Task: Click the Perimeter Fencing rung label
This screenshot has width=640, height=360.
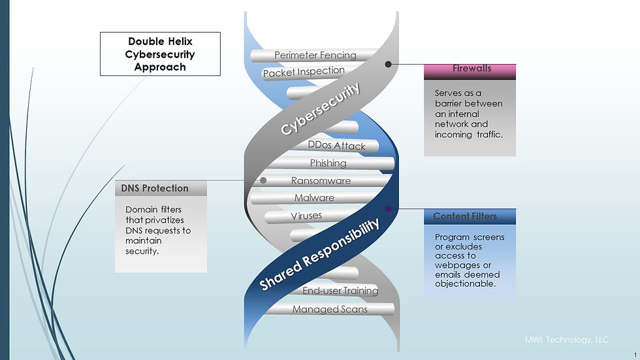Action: pyautogui.click(x=315, y=55)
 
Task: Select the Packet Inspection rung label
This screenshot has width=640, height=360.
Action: pyautogui.click(x=304, y=72)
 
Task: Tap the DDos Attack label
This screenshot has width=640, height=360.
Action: pyautogui.click(x=337, y=146)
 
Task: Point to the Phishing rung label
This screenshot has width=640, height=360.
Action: pyautogui.click(x=328, y=163)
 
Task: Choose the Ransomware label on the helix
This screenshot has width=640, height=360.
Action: pyautogui.click(x=321, y=180)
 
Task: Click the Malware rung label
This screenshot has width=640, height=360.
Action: pyautogui.click(x=314, y=198)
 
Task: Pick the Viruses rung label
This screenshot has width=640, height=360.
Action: pyautogui.click(x=306, y=216)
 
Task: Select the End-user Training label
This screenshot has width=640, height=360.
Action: pyautogui.click(x=340, y=291)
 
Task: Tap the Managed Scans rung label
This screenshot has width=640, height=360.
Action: pyautogui.click(x=330, y=310)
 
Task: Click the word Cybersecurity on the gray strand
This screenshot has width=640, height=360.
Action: pyautogui.click(x=321, y=108)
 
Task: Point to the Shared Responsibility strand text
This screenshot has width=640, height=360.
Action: pyautogui.click(x=319, y=255)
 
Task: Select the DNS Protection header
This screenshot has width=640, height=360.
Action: pyautogui.click(x=161, y=188)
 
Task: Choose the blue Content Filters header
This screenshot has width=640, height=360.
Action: pyautogui.click(x=470, y=216)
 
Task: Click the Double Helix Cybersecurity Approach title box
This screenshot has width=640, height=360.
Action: pyautogui.click(x=160, y=54)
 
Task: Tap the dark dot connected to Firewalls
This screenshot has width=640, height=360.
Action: pyautogui.click(x=388, y=64)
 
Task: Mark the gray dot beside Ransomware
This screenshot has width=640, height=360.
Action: pyautogui.click(x=263, y=180)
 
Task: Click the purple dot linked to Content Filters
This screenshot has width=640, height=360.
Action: pyautogui.click(x=388, y=209)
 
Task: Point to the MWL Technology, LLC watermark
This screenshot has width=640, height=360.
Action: pyautogui.click(x=567, y=340)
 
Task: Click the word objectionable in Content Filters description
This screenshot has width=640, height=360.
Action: pyautogui.click(x=465, y=284)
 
